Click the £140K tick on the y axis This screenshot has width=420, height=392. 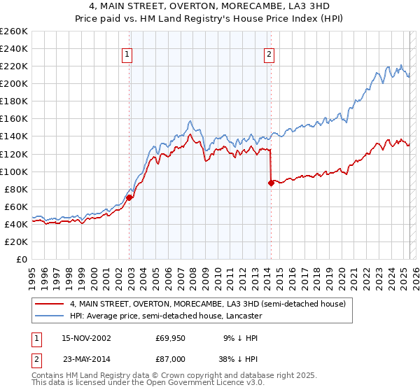point(14,136)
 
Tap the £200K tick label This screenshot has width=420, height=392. point(14,83)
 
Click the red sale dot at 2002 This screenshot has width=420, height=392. point(129,197)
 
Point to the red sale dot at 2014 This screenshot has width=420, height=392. point(271,183)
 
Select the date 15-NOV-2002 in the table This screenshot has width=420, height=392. point(86,337)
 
